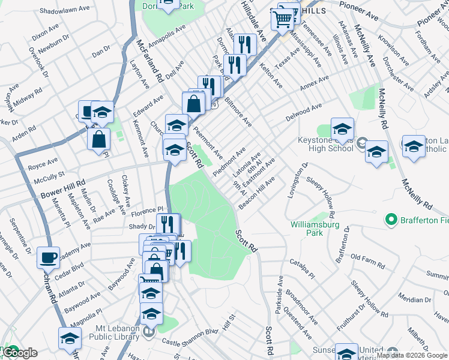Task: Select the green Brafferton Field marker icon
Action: (x=392, y=220)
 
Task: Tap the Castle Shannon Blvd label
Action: (x=190, y=341)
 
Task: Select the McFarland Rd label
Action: (x=150, y=61)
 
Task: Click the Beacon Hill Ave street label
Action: (x=257, y=191)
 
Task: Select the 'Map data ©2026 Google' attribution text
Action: (x=412, y=355)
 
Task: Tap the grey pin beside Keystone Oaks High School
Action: (x=361, y=143)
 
